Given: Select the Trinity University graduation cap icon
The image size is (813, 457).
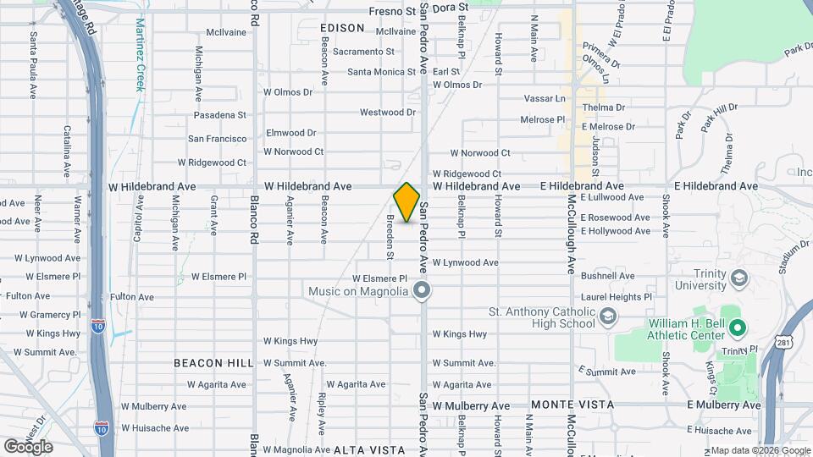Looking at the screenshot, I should (738, 278).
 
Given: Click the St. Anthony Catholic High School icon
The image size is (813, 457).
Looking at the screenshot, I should (606, 317).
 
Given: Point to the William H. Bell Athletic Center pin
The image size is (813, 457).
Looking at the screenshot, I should (737, 327).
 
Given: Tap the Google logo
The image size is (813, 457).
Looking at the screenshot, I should (27, 447).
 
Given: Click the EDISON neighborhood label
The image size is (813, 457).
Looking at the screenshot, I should (342, 28).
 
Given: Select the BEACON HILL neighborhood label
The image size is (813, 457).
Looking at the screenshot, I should (213, 363).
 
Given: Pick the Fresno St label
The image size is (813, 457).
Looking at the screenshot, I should (394, 11).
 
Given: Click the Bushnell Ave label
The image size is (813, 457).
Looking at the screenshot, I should (608, 276).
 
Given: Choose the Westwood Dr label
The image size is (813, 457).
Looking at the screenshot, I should (388, 112).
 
